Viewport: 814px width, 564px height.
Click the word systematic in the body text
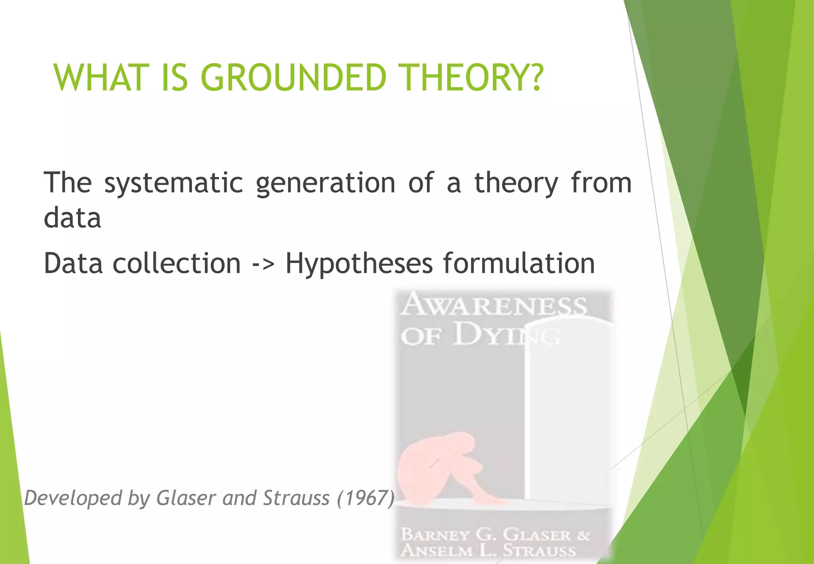(173, 183)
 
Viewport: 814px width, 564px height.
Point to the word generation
(325, 183)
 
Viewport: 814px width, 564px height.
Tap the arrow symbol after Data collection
(263, 263)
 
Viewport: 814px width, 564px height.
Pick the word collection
(176, 263)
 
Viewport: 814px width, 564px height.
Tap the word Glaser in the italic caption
(186, 498)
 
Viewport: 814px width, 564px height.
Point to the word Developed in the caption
(73, 498)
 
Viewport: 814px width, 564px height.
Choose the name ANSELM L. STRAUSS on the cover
(488, 550)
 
